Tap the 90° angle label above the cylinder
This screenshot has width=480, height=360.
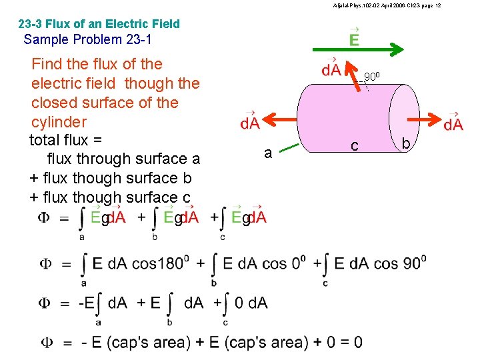[x=372, y=78]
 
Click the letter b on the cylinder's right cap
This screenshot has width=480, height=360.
[x=406, y=141]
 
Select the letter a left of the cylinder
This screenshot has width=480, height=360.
[x=267, y=153]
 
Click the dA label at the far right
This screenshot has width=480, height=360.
[x=453, y=123]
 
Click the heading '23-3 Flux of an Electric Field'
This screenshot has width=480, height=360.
[x=99, y=24]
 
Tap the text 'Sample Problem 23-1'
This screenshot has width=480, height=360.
[x=87, y=39]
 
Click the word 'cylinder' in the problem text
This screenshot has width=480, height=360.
[x=59, y=122]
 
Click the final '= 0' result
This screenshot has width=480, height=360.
[x=350, y=343]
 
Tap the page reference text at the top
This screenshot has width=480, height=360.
[x=386, y=5]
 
